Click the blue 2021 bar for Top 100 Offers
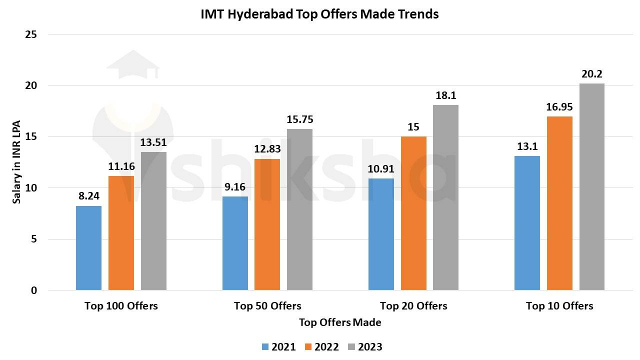click(88, 248)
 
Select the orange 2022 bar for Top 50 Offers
click(267, 224)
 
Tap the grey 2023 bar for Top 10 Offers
click(592, 186)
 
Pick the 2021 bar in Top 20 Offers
click(381, 234)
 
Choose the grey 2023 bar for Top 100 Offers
click(153, 221)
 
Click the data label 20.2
click(592, 74)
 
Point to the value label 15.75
click(299, 119)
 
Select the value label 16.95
click(559, 107)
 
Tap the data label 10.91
click(381, 169)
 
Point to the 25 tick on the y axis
click(31, 34)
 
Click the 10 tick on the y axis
click(31, 188)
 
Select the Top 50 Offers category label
click(267, 306)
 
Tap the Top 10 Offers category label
click(559, 306)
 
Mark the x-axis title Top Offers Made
click(340, 322)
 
